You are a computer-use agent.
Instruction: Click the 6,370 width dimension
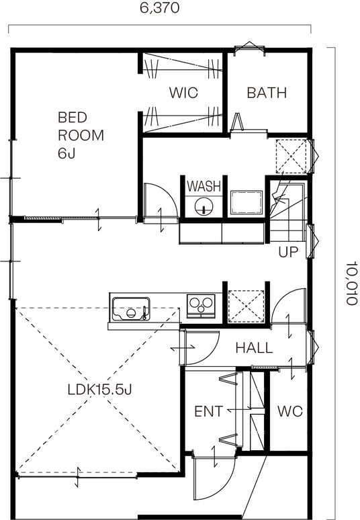159,7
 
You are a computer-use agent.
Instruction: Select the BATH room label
267,93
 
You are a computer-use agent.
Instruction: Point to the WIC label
183,93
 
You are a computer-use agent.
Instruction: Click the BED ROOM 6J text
81,135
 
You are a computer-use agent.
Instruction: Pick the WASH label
204,186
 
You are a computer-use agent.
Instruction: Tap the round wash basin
204,207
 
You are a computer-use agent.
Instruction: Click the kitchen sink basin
131,309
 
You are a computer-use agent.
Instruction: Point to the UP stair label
288,252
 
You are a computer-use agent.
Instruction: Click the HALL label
255,348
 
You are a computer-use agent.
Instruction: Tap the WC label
290,411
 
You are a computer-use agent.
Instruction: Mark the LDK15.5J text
100,390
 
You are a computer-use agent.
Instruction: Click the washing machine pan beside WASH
246,202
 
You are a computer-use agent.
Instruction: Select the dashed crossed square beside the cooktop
246,306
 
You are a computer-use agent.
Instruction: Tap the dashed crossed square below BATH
291,156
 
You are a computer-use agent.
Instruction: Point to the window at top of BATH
249,48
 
